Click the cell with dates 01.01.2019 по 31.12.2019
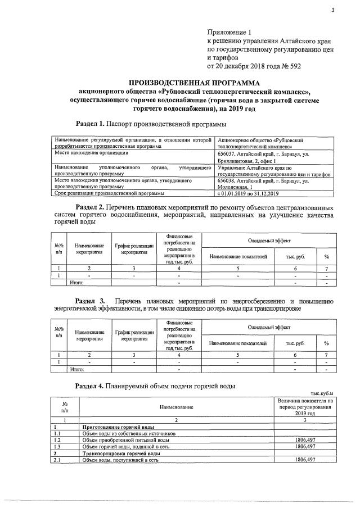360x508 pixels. pos(248,193)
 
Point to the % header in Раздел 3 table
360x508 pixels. pos(326,343)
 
